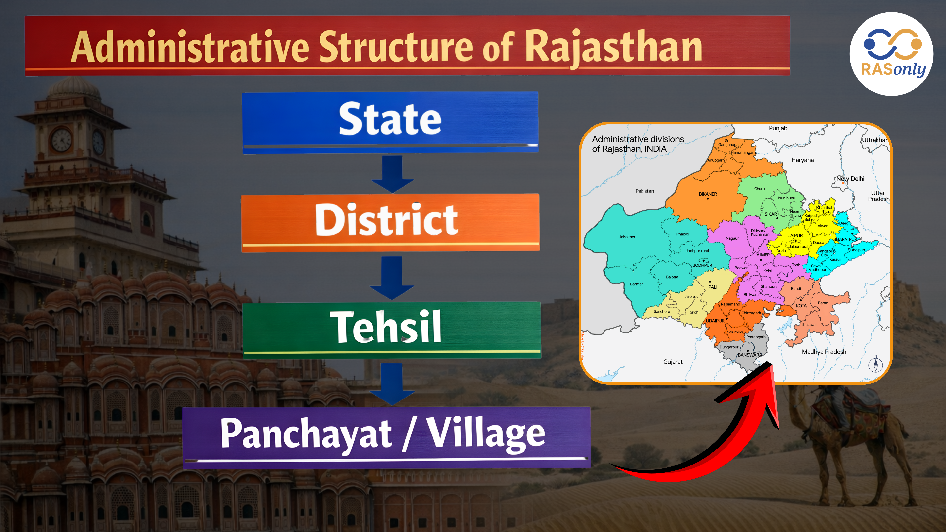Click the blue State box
click(x=390, y=121)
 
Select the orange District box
click(x=390, y=222)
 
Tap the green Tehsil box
click(x=391, y=329)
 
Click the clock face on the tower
click(x=61, y=140)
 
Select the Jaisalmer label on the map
click(x=627, y=237)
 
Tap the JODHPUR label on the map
click(x=703, y=265)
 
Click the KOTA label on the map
click(x=801, y=305)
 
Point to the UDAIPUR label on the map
click(x=715, y=320)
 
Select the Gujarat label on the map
click(x=673, y=362)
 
